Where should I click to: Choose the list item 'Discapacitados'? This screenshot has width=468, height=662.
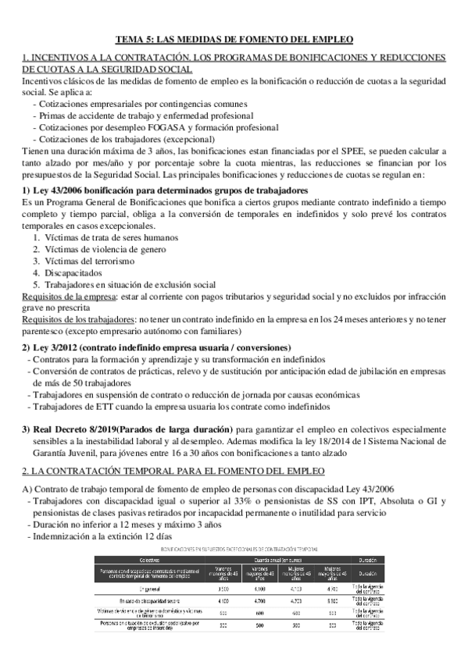pos(73,273)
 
